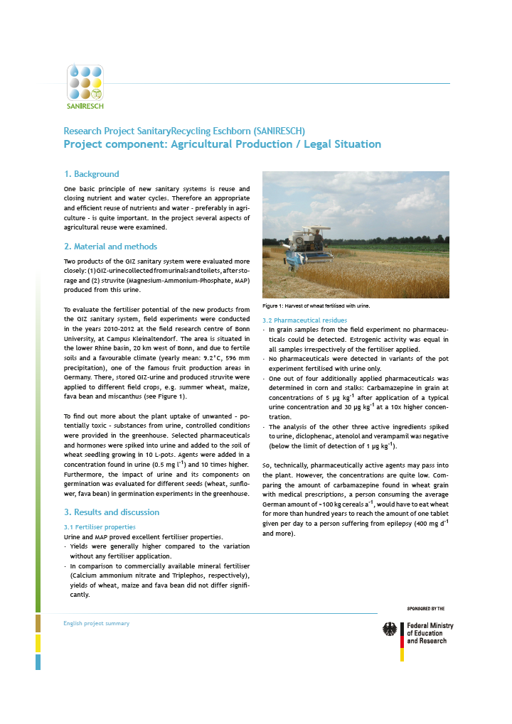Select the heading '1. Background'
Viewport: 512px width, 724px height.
tap(91, 174)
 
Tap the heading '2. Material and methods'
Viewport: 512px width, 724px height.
tap(110, 247)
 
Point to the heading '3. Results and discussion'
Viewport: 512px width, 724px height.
tap(111, 512)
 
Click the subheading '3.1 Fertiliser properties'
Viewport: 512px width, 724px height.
tap(100, 527)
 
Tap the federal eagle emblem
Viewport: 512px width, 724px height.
tap(390, 630)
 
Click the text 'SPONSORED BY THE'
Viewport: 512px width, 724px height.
tap(425, 609)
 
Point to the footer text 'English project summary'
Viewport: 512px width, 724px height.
tap(97, 623)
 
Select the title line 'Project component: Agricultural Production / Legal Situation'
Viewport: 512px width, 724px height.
tap(222, 144)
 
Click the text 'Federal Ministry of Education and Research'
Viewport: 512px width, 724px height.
tap(430, 633)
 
